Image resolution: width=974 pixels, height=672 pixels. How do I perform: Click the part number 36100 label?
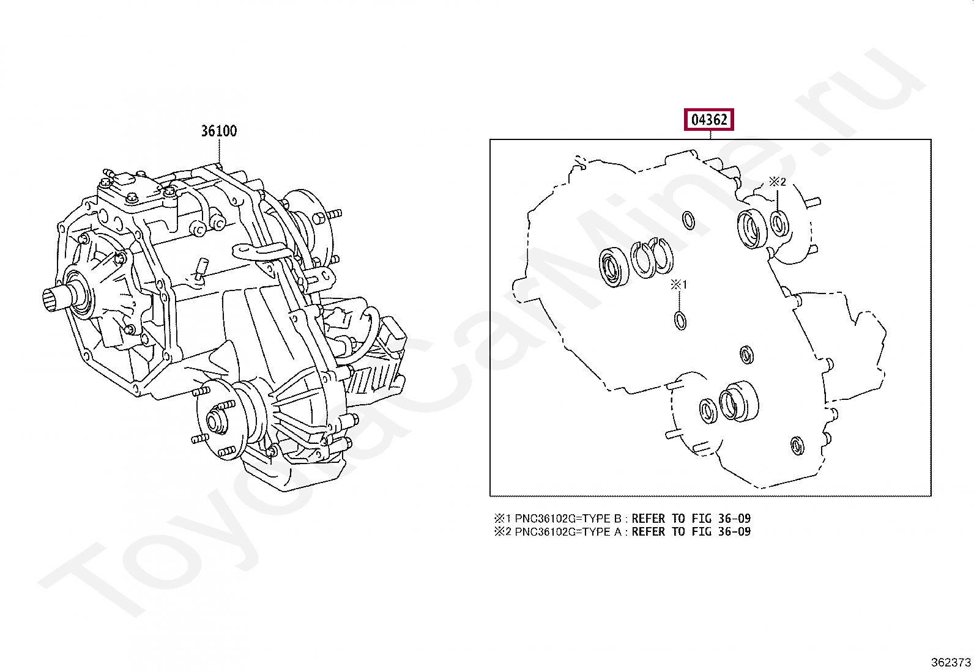point(218,131)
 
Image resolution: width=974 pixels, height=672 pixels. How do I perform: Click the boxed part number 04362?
point(708,120)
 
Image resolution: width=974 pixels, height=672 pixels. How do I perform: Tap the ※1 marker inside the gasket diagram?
point(679,285)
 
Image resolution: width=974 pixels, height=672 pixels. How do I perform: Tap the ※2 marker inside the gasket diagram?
point(777,182)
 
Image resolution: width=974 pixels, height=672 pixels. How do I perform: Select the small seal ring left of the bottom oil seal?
point(708,411)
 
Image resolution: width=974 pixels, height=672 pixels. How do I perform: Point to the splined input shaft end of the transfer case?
point(56,301)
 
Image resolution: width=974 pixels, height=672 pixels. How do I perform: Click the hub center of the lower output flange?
point(215,422)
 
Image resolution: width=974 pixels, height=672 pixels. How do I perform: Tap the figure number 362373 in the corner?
point(950,662)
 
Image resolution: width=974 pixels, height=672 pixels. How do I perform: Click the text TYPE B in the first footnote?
point(597,519)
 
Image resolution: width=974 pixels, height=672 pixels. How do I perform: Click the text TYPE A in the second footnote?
point(597,531)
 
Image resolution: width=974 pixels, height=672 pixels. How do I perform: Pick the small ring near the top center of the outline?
point(688,221)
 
